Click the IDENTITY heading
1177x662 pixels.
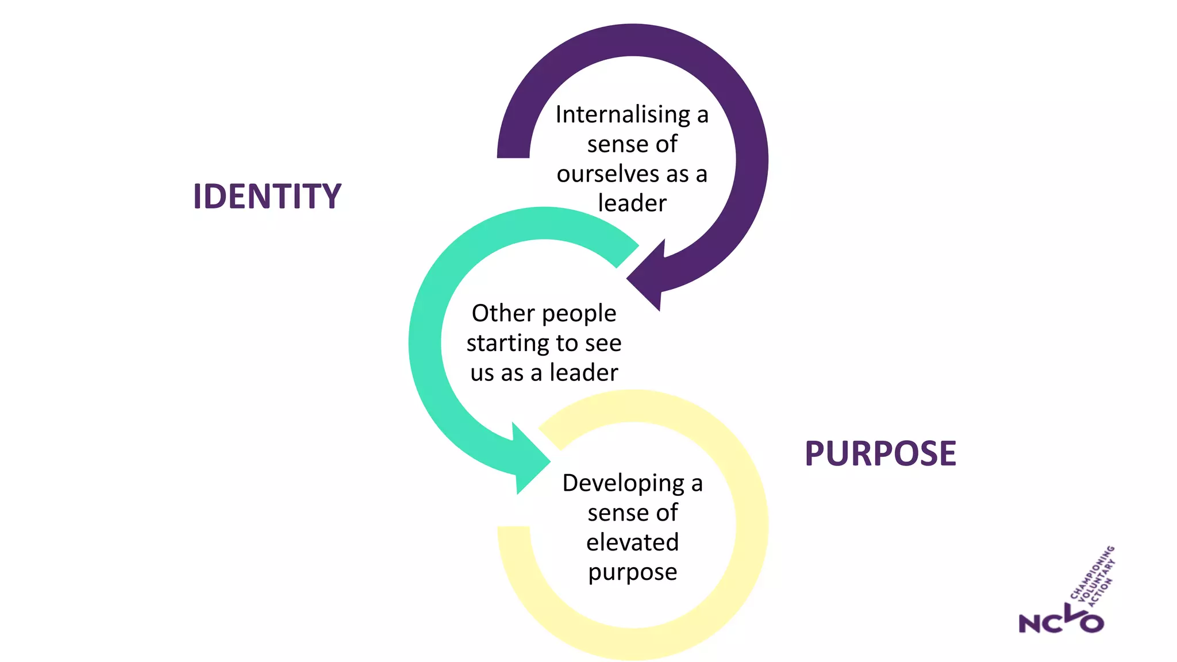267,197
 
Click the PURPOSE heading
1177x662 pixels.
880,453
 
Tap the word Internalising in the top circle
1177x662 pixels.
623,115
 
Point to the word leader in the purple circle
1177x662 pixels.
632,203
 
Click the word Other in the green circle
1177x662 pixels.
503,314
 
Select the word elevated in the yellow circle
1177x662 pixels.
632,542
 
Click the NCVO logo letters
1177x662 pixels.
1060,622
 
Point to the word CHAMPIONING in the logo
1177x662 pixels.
1091,573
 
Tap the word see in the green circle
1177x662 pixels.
603,344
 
